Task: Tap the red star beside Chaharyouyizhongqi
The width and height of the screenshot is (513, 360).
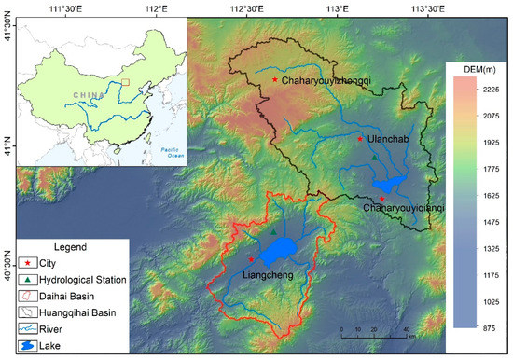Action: point(274,80)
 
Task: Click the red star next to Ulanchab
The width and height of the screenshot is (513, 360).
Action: point(360,139)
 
